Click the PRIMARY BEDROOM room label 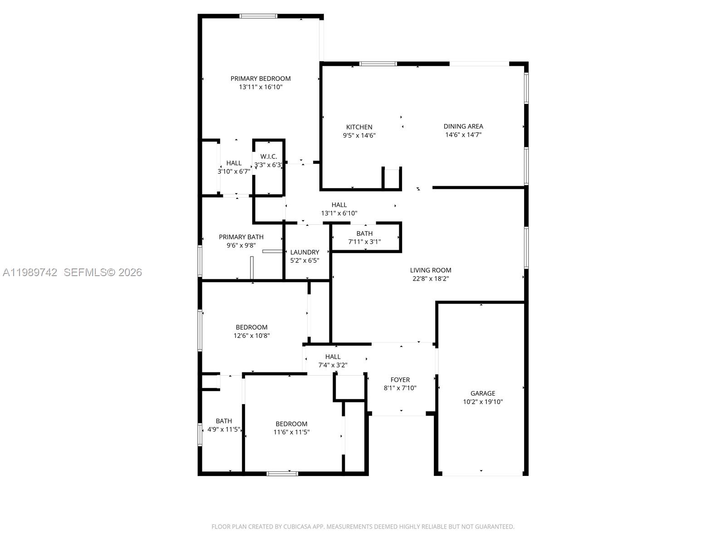click(260, 79)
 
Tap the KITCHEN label click(359, 127)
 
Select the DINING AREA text click(463, 126)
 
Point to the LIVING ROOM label click(430, 270)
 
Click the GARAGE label click(483, 393)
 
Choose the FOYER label click(400, 380)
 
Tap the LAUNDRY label click(304, 252)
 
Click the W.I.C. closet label click(269, 157)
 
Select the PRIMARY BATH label click(241, 237)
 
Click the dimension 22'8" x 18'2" click(430, 278)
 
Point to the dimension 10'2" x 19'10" click(483, 402)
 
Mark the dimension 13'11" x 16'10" click(260, 87)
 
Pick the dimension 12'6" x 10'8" click(251, 336)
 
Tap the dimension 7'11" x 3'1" click(364, 242)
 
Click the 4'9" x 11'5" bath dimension click(224, 430)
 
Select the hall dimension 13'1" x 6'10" click(339, 213)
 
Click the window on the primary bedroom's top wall click(258, 16)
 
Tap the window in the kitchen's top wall click(378, 64)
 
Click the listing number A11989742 click(30, 272)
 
